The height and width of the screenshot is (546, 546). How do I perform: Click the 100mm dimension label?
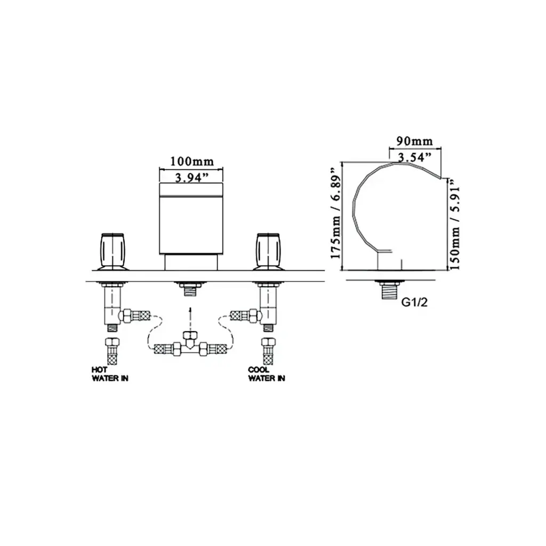point(192,161)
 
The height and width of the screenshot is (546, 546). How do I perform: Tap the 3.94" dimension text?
point(191,178)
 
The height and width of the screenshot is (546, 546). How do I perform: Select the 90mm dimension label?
point(415,141)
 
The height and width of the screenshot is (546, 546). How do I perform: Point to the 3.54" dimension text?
point(414,157)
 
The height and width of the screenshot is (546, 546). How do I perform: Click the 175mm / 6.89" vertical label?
point(336,213)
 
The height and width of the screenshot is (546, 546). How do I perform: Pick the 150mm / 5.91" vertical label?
point(455,223)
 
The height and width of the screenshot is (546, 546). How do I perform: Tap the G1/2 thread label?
point(414,302)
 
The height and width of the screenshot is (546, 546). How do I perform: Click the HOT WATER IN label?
point(110,374)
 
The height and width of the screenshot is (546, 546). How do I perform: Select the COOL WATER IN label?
point(267,374)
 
